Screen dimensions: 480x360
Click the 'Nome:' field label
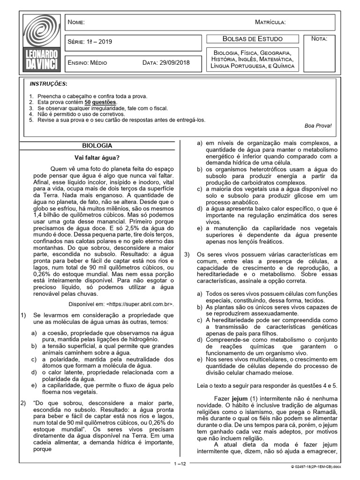coord(76,22)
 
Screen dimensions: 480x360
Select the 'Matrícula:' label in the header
coord(270,22)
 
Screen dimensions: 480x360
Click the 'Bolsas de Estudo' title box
coord(252,39)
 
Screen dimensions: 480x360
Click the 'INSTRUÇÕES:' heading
coord(48,84)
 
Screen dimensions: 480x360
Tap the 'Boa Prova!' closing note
coord(317,126)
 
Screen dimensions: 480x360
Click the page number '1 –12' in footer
coord(180,464)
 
